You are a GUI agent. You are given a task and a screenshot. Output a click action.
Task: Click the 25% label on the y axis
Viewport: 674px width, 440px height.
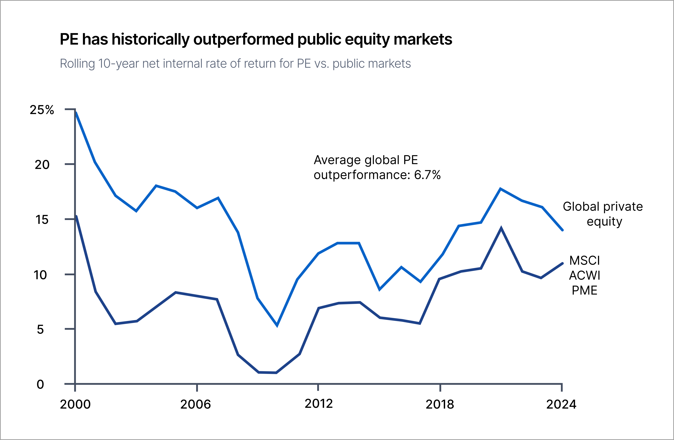pyautogui.click(x=42, y=110)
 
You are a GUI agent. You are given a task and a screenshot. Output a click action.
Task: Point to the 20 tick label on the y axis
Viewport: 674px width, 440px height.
pyautogui.click(x=42, y=165)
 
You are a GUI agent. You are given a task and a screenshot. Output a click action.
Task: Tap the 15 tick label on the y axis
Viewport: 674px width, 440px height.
pyautogui.click(x=42, y=220)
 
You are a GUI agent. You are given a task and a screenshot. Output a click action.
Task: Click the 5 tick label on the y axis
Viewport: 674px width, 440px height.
pyautogui.click(x=40, y=329)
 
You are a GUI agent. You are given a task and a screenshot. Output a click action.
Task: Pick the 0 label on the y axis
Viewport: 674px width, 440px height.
pyautogui.click(x=40, y=384)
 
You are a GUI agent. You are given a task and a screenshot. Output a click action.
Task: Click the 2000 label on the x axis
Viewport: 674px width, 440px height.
pyautogui.click(x=75, y=404)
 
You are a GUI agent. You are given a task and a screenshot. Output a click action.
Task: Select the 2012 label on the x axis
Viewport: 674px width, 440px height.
pyautogui.click(x=319, y=404)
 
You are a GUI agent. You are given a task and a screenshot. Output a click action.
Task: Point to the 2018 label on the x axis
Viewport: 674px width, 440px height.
pyautogui.click(x=440, y=404)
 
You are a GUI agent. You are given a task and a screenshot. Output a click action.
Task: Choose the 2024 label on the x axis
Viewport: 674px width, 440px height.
pyautogui.click(x=561, y=404)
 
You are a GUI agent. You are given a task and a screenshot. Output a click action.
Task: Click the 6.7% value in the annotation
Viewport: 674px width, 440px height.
pyautogui.click(x=427, y=175)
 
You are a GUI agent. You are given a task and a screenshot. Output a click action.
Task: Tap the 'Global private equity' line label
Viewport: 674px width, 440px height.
pyautogui.click(x=603, y=214)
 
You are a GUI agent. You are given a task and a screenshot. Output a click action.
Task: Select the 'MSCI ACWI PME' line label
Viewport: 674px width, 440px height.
pyautogui.click(x=585, y=275)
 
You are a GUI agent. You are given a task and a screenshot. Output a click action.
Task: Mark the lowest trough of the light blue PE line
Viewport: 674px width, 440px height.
pyautogui.click(x=277, y=325)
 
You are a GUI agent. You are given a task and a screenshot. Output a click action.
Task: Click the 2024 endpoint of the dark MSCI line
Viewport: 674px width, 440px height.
pyautogui.click(x=562, y=263)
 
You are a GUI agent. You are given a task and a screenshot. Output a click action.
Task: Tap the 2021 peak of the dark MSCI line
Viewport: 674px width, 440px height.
pyautogui.click(x=501, y=228)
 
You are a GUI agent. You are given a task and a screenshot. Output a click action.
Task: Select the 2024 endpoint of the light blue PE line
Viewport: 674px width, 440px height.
pyautogui.click(x=562, y=230)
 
